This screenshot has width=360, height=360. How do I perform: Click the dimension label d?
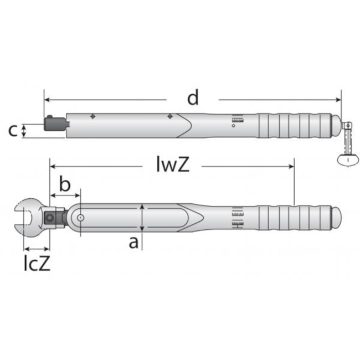193,97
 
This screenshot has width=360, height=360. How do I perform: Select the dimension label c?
13,131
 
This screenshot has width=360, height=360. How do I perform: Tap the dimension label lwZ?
173,164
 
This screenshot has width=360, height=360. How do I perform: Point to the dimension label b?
65,184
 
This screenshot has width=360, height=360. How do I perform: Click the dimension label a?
133,243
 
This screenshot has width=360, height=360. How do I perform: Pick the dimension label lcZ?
37,263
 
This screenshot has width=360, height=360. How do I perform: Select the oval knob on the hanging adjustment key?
348,159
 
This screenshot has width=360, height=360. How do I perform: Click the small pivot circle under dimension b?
81,218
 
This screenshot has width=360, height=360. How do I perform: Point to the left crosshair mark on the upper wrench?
92,116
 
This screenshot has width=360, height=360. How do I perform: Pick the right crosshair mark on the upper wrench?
170,116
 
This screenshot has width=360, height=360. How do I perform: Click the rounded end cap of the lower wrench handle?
337,218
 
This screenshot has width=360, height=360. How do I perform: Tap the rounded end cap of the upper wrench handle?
337,126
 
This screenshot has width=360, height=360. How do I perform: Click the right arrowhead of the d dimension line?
338,100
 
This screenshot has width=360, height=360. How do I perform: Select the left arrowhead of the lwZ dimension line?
53,166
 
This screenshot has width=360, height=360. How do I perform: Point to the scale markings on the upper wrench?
238,119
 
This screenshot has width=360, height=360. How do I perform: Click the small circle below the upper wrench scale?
234,126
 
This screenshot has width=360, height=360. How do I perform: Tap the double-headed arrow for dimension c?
23,131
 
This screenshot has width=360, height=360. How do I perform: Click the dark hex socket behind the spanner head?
50,218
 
